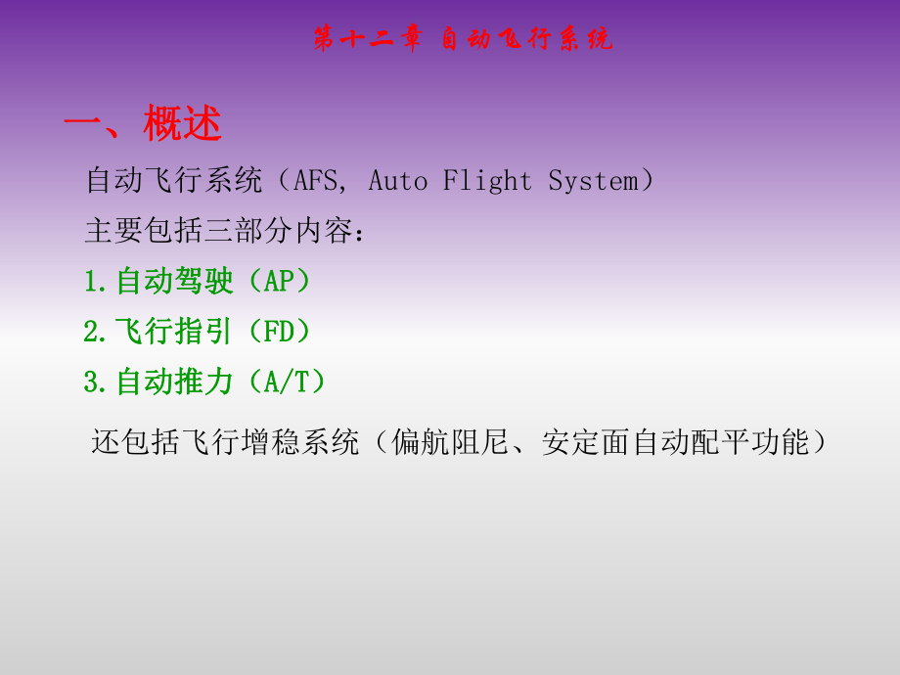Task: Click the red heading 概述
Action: pyautogui.click(x=183, y=124)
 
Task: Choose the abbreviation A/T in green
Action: pyautogui.click(x=294, y=382)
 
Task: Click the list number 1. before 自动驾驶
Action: pyautogui.click(x=95, y=282)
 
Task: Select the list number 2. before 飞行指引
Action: pyautogui.click(x=95, y=333)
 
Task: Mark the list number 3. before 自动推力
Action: pyautogui.click(x=95, y=382)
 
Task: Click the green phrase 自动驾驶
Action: pyautogui.click(x=174, y=282)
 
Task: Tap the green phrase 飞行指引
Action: pyautogui.click(x=174, y=333)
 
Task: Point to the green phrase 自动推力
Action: pyautogui.click(x=174, y=382)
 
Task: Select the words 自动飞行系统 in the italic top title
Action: pyautogui.click(x=527, y=39)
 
